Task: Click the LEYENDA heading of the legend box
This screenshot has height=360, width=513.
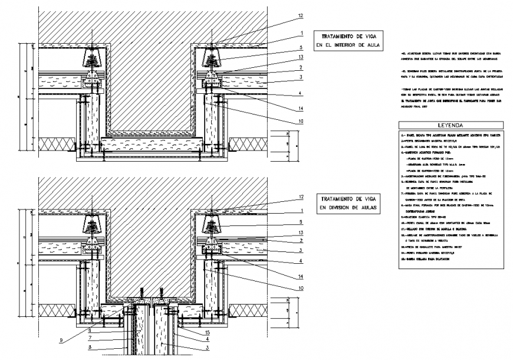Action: point(450,126)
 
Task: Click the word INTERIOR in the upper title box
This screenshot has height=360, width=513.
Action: point(348,45)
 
